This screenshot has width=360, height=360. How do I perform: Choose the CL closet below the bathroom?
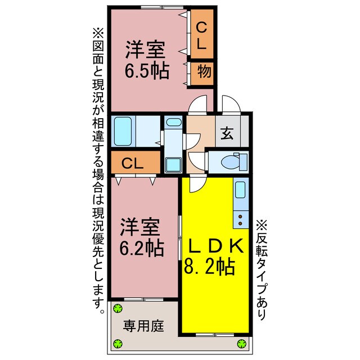tap(134, 164)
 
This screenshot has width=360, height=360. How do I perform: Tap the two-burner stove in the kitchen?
tap(241, 215)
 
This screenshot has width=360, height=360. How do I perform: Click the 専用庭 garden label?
tap(144, 326)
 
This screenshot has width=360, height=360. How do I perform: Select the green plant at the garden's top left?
tap(118, 308)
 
